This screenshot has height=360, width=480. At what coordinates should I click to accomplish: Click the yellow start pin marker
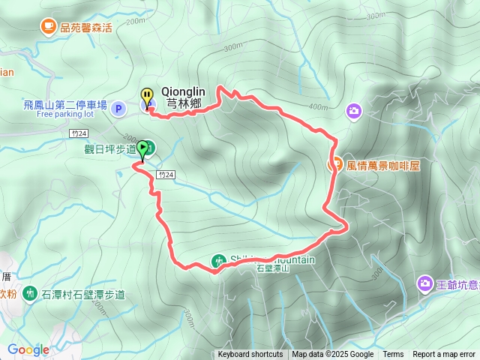147,97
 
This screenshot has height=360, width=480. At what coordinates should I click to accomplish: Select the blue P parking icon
118,109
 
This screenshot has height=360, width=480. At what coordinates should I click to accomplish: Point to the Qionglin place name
183,92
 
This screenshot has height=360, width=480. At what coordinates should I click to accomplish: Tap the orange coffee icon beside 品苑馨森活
48,27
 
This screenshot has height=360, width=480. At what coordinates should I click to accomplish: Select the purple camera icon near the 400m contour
354,111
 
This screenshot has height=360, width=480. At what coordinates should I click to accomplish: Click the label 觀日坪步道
109,148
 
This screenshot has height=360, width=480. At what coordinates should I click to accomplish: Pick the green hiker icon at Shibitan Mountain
218,261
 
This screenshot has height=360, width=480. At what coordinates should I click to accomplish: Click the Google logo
28,349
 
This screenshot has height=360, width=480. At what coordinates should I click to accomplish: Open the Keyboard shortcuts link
250,355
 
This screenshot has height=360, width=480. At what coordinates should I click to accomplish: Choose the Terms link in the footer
393,355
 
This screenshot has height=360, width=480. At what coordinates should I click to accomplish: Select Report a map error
444,355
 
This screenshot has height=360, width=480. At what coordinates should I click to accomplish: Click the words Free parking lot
64,115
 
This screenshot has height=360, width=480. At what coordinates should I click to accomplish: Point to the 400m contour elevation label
318,106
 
